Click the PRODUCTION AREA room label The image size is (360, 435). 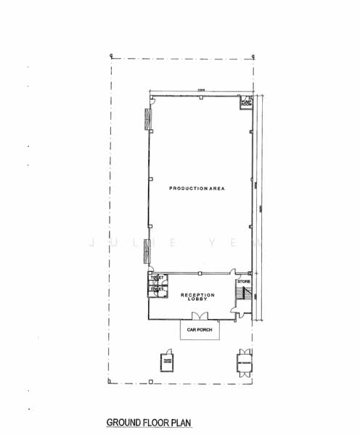[x=197, y=188]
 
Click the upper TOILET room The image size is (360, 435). [x=157, y=278]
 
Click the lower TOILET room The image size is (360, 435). [x=157, y=290]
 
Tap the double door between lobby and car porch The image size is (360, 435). [x=198, y=316]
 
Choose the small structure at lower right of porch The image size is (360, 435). [x=242, y=362]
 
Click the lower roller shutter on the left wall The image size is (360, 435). [x=147, y=251]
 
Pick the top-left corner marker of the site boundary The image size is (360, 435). [x=110, y=54]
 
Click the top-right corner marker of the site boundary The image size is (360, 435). [x=253, y=55]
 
